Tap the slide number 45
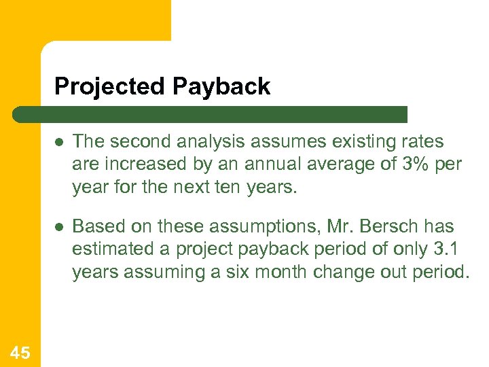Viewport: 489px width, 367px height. click(20, 351)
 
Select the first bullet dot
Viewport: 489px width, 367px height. click(60, 142)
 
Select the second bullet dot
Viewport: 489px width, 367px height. click(60, 226)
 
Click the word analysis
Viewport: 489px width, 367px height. click(217, 142)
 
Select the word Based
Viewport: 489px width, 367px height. click(96, 226)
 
